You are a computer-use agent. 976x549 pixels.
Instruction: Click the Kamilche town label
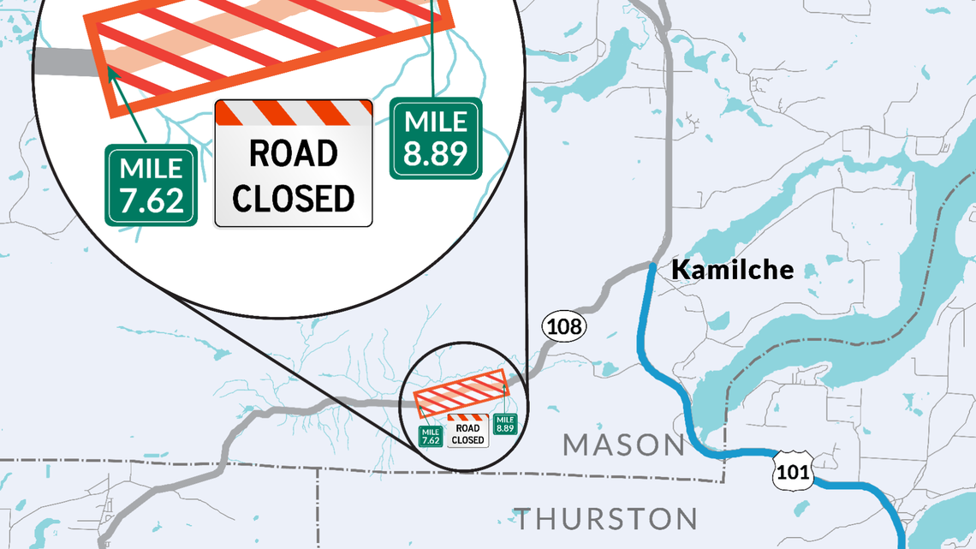tap(732, 270)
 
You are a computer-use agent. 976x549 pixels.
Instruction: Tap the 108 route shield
tap(562, 325)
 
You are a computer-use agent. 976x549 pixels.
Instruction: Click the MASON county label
tap(623, 445)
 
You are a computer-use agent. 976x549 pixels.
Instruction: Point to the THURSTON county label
tap(605, 519)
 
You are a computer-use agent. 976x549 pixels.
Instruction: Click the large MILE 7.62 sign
tap(152, 185)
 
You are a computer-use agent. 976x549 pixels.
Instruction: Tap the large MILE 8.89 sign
tap(436, 138)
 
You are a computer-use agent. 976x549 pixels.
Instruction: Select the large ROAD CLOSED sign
tap(294, 164)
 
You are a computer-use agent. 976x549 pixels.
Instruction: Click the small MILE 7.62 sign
tap(431, 436)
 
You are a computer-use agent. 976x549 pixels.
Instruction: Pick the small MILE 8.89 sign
tap(504, 423)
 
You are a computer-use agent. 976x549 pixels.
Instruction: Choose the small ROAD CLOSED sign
tap(467, 430)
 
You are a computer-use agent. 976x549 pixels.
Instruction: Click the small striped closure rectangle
tap(461, 392)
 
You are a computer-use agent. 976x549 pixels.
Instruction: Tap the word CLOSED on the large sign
tap(294, 198)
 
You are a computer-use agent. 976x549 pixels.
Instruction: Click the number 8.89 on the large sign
tap(436, 154)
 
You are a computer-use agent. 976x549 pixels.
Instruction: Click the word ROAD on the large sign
tap(294, 154)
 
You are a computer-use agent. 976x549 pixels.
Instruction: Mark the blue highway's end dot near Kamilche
tap(652, 268)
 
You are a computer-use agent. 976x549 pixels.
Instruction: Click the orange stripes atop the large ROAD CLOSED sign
tap(294, 112)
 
